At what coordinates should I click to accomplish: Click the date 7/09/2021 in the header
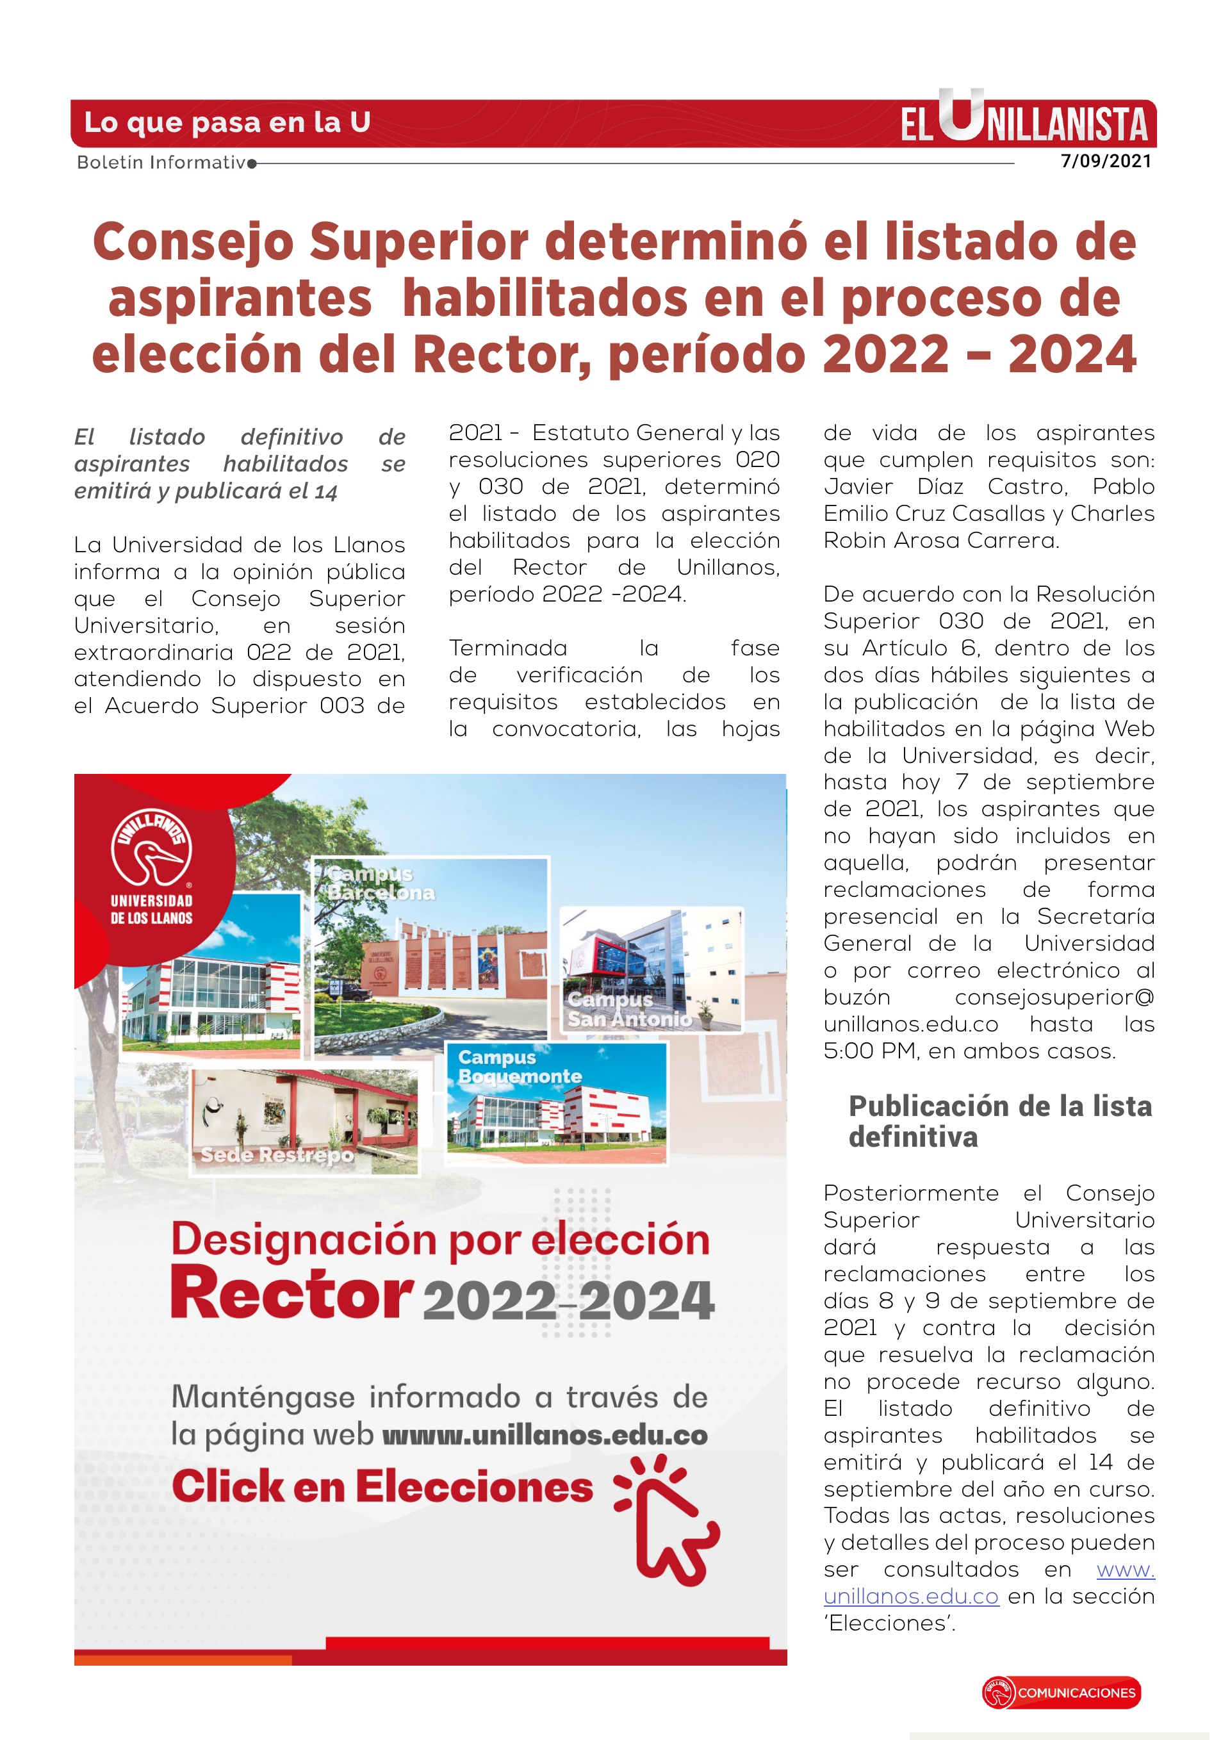click(1106, 161)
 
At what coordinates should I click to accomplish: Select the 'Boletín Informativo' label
click(162, 162)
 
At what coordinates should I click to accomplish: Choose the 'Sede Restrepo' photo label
click(277, 1155)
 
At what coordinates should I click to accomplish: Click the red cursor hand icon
click(668, 1520)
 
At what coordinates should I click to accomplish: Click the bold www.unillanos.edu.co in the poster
click(545, 1435)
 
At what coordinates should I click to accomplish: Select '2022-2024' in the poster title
click(568, 1301)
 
